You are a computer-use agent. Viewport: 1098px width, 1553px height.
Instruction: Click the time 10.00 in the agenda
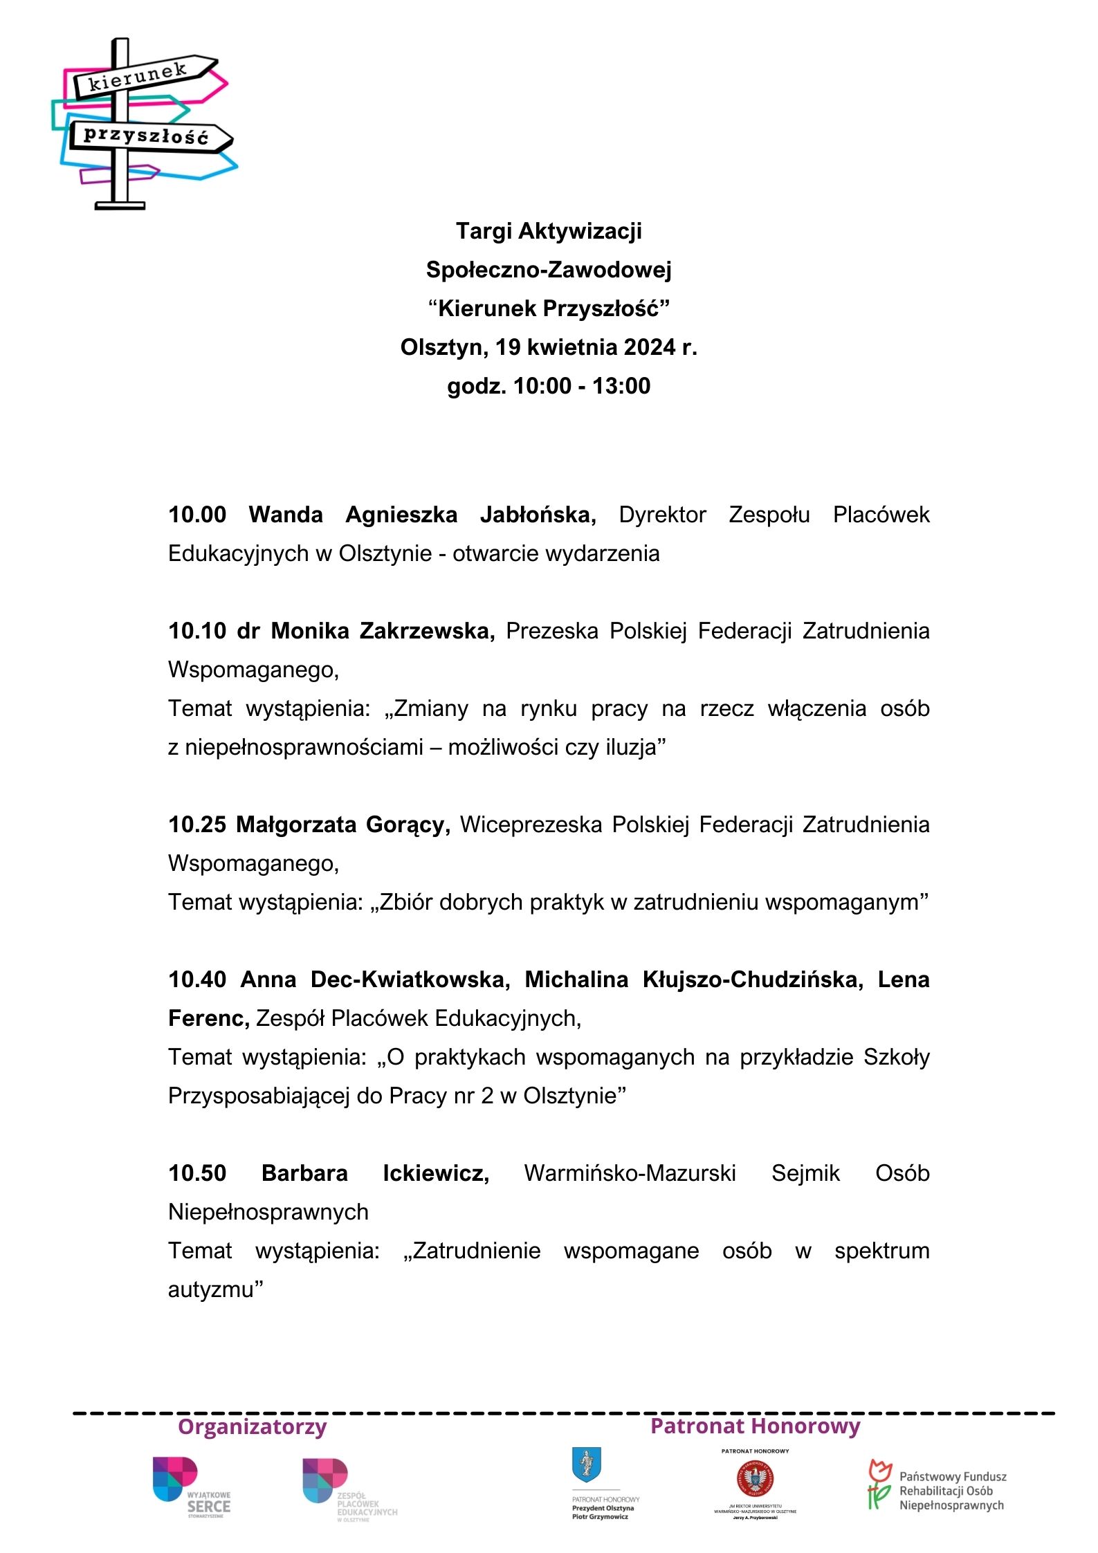coord(197,515)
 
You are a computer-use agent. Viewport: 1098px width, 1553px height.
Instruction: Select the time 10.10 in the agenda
coord(197,631)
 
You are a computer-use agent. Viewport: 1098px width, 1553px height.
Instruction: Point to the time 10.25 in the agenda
coord(197,825)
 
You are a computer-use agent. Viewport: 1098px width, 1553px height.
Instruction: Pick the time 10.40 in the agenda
coord(197,980)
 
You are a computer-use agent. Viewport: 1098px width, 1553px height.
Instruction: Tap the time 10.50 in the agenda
coord(197,1173)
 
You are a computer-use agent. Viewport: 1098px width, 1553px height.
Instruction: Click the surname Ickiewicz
coord(435,1173)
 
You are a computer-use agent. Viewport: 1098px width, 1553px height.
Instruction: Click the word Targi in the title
coord(484,230)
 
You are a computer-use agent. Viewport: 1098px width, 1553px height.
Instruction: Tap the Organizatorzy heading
coord(252,1426)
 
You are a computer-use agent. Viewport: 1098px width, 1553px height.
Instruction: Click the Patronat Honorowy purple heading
coord(755,1426)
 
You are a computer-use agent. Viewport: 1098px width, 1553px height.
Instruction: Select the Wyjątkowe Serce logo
coord(191,1487)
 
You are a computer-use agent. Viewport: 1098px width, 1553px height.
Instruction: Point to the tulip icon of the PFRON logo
coord(879,1484)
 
